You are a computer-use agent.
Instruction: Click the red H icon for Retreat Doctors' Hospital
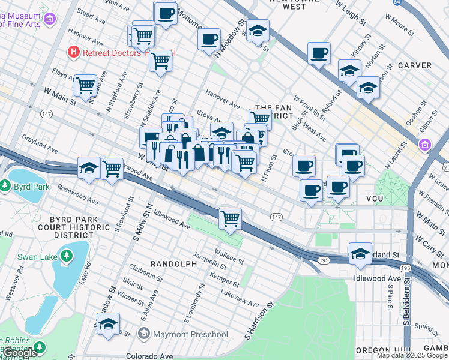click(x=74, y=52)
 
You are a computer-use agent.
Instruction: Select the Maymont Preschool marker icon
click(x=143, y=333)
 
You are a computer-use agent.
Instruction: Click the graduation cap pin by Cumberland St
click(x=360, y=253)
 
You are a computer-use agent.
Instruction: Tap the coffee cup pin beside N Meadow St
click(x=209, y=40)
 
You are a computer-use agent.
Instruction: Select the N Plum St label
click(x=268, y=165)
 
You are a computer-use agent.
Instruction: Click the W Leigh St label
click(x=350, y=13)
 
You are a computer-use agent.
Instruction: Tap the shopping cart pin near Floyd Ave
click(x=85, y=85)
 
